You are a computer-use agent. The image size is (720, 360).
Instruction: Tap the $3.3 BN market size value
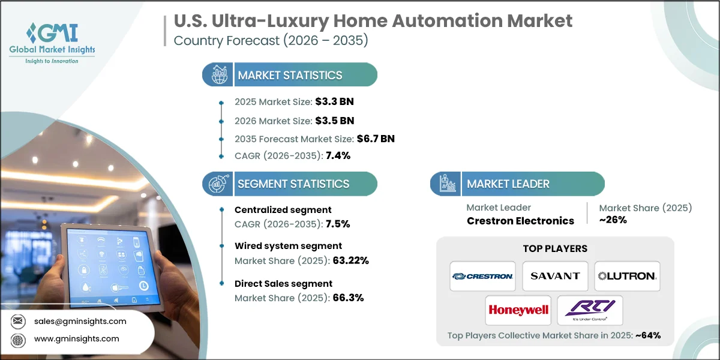(x=342, y=101)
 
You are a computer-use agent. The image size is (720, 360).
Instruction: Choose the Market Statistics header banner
(x=290, y=75)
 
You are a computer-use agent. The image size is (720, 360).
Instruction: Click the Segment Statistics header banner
(x=290, y=184)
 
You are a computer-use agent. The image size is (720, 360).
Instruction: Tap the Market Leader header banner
(x=517, y=184)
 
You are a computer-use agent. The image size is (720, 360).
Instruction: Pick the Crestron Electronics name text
(x=520, y=221)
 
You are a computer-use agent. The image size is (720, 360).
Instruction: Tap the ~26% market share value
(x=613, y=220)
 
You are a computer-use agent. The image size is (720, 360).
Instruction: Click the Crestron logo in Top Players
(x=482, y=276)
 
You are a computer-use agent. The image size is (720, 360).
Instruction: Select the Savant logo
(x=555, y=276)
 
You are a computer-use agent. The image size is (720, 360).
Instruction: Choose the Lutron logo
(x=627, y=276)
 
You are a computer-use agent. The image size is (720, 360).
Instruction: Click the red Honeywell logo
(x=519, y=310)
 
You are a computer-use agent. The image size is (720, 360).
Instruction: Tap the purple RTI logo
(x=590, y=310)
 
